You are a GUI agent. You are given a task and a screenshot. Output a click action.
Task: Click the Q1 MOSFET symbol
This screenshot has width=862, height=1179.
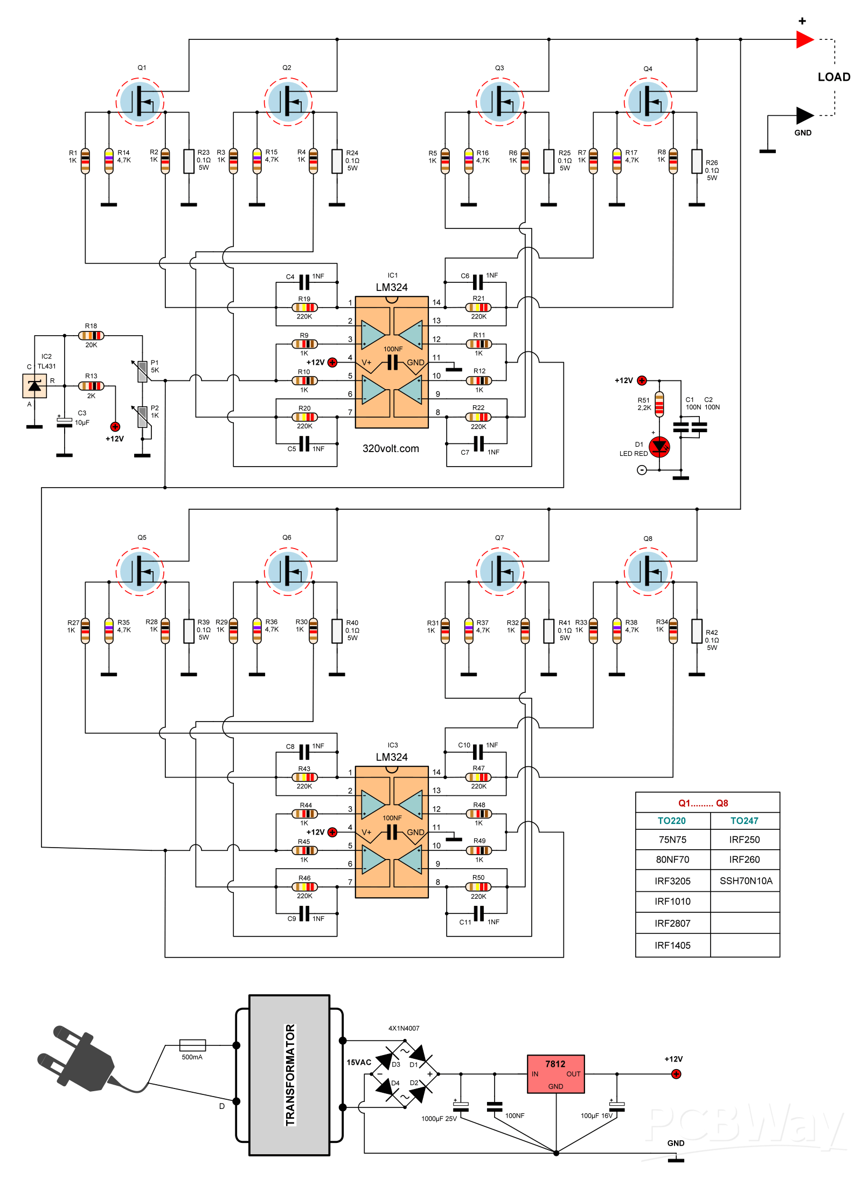(x=140, y=101)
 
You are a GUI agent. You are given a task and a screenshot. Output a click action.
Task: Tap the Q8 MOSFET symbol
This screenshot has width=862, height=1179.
(x=648, y=571)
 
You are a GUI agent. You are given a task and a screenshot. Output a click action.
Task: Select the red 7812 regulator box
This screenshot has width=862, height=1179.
(x=555, y=1074)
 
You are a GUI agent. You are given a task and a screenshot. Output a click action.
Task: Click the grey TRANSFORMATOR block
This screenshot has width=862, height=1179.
(x=289, y=1075)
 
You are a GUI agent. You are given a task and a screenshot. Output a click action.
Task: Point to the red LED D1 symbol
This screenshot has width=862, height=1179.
(x=659, y=447)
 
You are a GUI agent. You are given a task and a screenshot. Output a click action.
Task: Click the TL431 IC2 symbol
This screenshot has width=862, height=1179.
(x=34, y=385)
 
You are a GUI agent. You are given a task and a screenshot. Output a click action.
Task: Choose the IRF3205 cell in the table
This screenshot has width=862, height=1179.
(x=672, y=881)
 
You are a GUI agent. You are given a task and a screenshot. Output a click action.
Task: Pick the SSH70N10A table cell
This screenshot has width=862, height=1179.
(x=746, y=881)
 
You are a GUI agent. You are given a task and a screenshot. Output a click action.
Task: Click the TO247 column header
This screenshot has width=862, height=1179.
(x=744, y=821)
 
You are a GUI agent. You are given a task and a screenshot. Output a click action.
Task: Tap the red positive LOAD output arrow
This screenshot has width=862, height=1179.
(x=804, y=39)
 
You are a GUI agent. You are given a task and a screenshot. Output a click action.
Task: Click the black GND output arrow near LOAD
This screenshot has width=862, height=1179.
(x=804, y=115)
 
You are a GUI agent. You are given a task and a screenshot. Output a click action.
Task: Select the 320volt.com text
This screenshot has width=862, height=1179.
(x=391, y=448)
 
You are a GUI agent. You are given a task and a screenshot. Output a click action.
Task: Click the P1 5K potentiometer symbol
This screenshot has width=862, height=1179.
(x=142, y=371)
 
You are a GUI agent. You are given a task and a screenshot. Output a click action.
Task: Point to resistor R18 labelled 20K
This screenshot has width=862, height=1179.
(x=91, y=336)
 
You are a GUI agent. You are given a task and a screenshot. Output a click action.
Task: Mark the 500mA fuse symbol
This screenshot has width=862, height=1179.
(x=192, y=1045)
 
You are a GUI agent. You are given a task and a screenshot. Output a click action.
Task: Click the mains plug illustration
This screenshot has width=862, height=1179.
(x=78, y=1059)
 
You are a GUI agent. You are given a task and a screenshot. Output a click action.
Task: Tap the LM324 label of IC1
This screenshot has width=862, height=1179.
(x=392, y=287)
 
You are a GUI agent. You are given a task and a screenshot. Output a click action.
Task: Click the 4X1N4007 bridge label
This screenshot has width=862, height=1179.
(x=404, y=1028)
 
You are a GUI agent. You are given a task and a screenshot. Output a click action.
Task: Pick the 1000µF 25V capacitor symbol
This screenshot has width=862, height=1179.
(x=461, y=1107)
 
